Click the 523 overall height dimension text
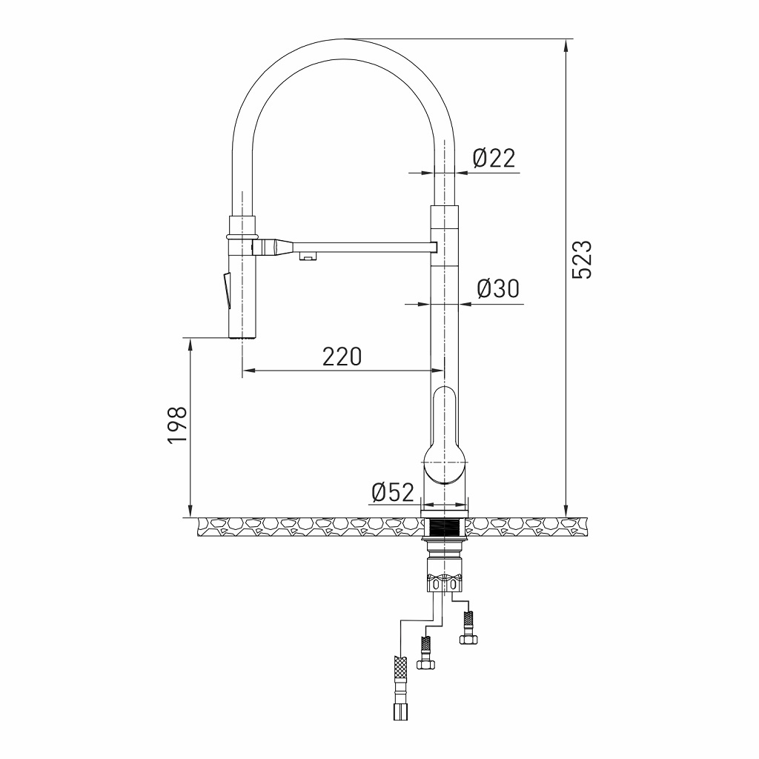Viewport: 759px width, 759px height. [x=585, y=259]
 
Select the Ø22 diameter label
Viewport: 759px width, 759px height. [x=494, y=157]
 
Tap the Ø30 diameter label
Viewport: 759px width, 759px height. [x=497, y=288]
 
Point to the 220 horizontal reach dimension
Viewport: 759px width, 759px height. [x=342, y=357]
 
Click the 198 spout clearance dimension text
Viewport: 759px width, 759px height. [x=176, y=425]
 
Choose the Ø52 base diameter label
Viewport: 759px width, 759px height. [x=392, y=491]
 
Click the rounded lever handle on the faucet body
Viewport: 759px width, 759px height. [x=445, y=437]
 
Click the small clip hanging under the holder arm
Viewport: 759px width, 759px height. [x=306, y=256]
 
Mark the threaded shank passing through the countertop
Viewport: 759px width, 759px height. [x=445, y=528]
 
